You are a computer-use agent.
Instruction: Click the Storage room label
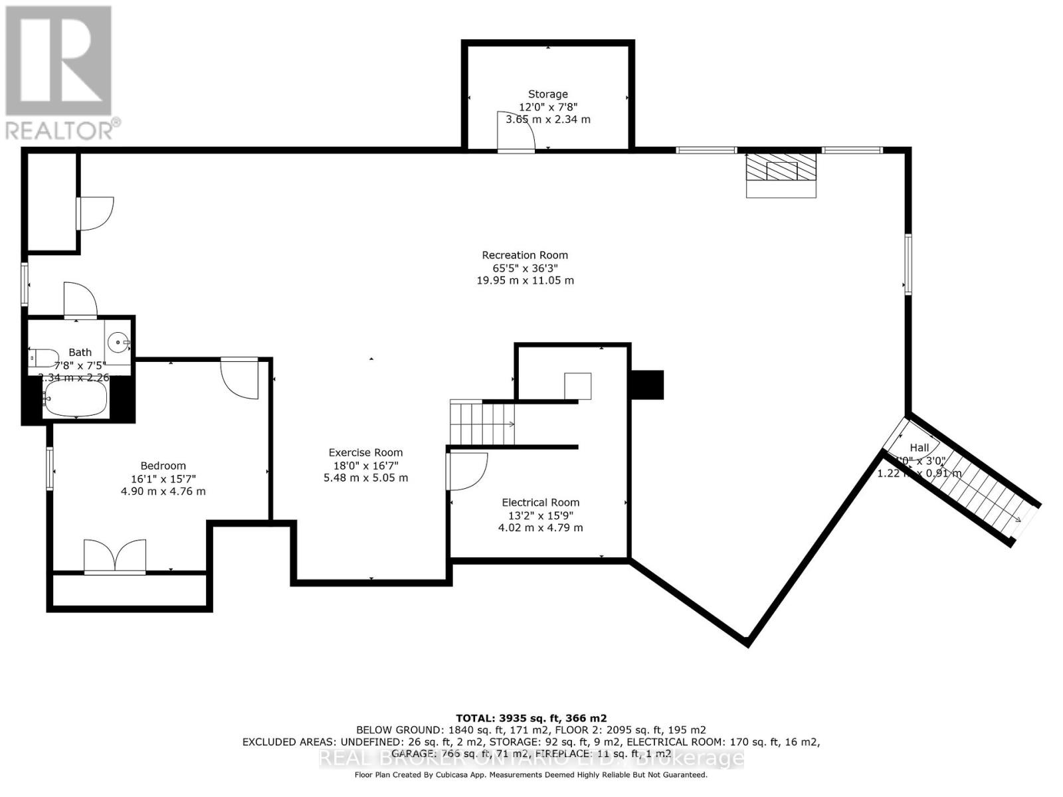pos(547,94)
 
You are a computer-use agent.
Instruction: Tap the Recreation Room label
pos(525,255)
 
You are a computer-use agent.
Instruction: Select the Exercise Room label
pos(365,453)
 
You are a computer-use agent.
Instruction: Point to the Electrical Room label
pos(540,503)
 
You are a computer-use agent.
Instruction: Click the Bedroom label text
pos(163,466)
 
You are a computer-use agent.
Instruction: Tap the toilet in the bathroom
pos(43,357)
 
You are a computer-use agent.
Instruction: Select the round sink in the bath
pos(119,343)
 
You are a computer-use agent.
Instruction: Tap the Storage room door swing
pos(516,132)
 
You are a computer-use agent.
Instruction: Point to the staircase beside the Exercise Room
pos(482,424)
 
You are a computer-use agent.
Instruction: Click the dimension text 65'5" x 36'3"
pos(525,268)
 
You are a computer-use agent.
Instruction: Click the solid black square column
pos(646,385)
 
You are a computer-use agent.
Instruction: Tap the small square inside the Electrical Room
pos(577,385)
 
